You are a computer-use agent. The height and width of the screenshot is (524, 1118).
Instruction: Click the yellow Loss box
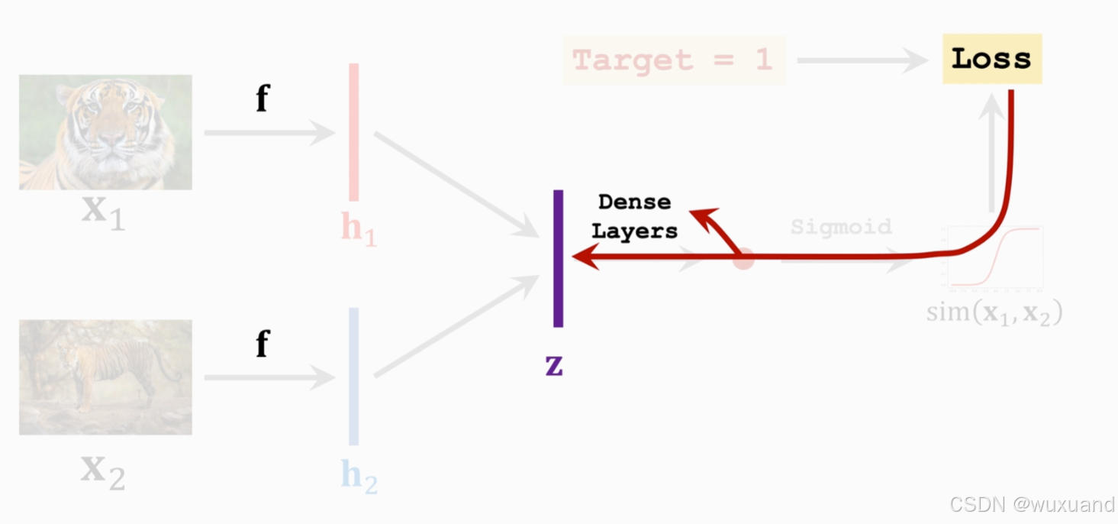point(991,59)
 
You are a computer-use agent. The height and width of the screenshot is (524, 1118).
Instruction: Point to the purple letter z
point(554,366)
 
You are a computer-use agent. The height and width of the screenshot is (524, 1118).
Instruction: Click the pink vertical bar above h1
point(354,131)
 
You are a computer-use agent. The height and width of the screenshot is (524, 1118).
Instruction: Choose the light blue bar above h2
point(354,376)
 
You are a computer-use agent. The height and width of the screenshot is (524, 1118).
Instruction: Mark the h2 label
point(359,475)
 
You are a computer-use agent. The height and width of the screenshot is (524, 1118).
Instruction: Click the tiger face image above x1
point(105,131)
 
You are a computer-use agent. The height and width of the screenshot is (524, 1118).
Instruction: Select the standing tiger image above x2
point(105,377)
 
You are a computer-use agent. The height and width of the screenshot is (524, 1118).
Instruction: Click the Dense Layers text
point(634,216)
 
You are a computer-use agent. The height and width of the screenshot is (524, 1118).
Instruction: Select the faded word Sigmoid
point(841,227)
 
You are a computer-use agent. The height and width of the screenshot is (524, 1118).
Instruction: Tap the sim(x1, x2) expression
point(994,312)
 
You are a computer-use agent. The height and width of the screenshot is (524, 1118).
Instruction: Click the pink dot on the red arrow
point(743,259)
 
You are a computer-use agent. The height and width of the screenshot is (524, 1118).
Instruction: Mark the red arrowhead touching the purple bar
point(583,257)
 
